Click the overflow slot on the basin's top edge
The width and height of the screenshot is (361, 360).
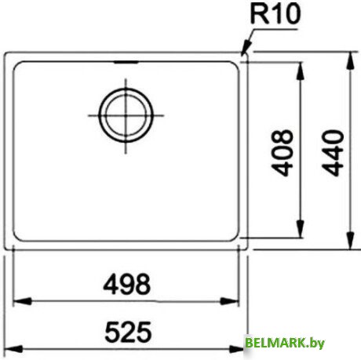[x=123, y=62]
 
